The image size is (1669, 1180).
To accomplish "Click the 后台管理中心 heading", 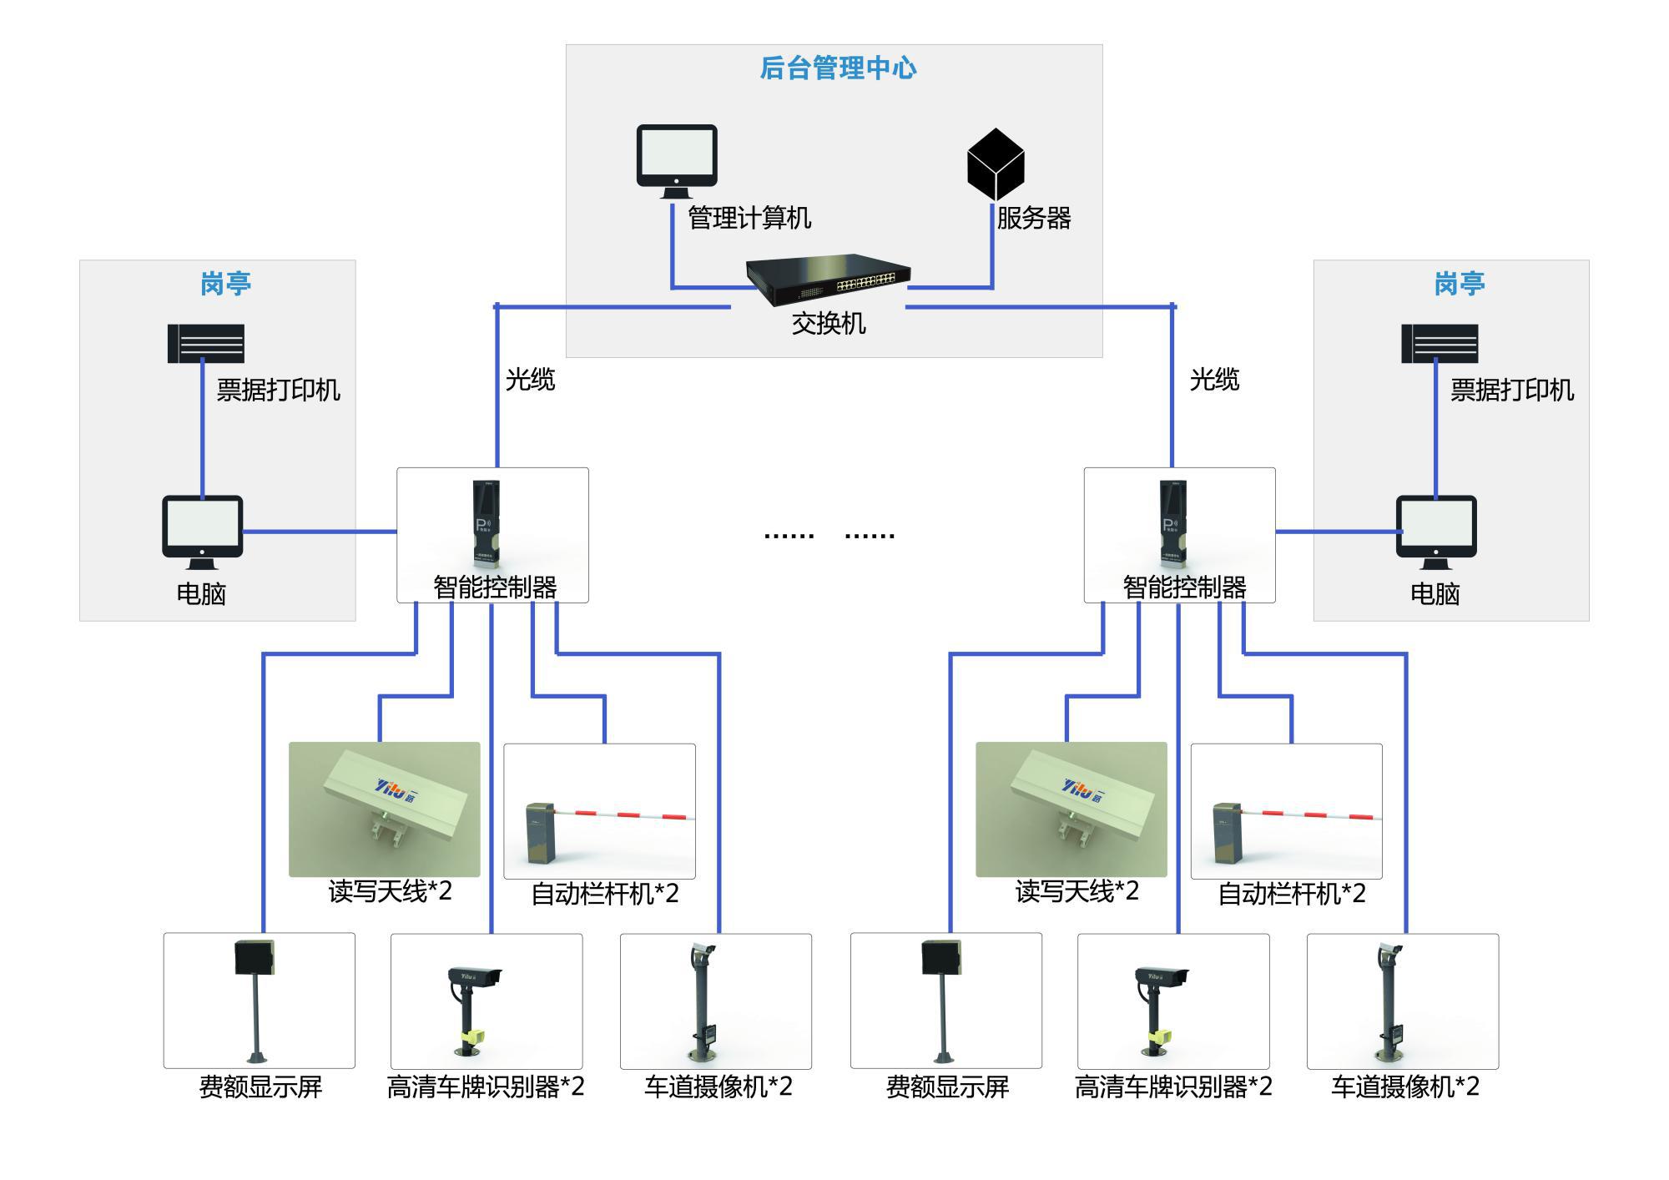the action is coord(838,68).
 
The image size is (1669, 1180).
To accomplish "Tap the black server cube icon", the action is coord(996,164).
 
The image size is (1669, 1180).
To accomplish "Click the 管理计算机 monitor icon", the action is coord(677,161).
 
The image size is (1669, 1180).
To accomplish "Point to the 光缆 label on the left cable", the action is coord(530,380).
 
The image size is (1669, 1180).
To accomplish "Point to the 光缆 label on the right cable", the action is coord(1214,380).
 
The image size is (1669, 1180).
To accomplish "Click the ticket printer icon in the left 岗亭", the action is coord(206,344).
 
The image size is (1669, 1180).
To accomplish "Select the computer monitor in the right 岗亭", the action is coord(1436,532).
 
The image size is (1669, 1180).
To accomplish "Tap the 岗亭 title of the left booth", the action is coord(225,284).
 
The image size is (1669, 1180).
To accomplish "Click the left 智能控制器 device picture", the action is coord(487,525).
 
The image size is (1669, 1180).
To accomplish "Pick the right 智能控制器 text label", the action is coord(1184,587).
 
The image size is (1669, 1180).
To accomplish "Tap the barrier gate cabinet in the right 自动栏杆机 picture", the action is coord(1226,835).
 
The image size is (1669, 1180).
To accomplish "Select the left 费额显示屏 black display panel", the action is coord(255,957).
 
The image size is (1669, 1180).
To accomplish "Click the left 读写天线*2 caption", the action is coord(390,891).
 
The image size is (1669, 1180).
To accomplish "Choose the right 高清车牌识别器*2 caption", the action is coord(1173,1087).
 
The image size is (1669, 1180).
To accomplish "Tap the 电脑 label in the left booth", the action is coord(201,594).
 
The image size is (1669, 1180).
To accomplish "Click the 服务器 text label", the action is coord(1034,219).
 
